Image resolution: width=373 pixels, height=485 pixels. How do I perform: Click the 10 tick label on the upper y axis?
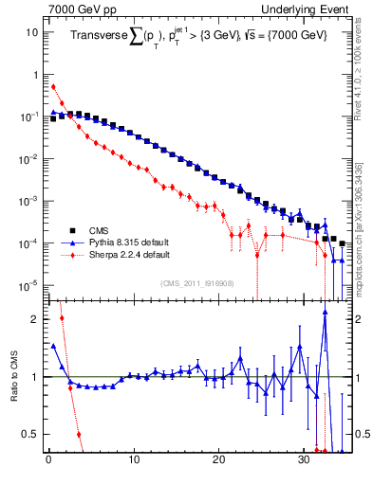pyautogui.click(x=31, y=32)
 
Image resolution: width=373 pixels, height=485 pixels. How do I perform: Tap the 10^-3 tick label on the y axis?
pyautogui.click(x=28, y=201)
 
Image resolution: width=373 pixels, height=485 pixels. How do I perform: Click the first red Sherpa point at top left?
pyautogui.click(x=53, y=86)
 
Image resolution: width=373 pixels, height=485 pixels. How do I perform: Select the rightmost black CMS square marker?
pyautogui.click(x=342, y=243)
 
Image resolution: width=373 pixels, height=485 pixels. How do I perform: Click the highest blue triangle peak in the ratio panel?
pyautogui.click(x=325, y=316)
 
